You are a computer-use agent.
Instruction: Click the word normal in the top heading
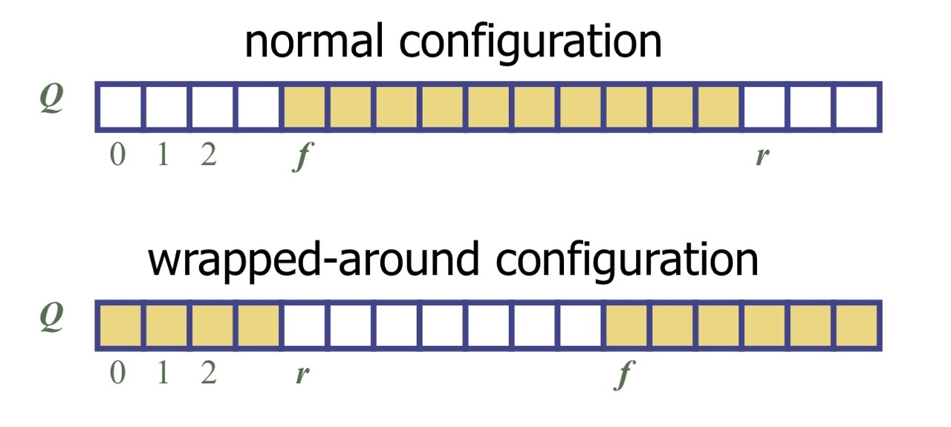tap(314, 42)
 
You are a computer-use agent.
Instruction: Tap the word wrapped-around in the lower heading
tap(286, 260)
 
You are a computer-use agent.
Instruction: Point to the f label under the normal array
tap(300, 157)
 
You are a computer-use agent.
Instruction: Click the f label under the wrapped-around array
tap(623, 376)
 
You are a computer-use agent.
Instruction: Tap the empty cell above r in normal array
tap(766, 107)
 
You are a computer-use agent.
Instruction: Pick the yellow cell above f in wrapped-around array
tap(628, 325)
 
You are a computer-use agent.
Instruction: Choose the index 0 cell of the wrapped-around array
tap(120, 325)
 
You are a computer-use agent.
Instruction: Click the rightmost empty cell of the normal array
tap(858, 107)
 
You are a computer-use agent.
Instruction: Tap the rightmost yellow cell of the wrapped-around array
tap(858, 325)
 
